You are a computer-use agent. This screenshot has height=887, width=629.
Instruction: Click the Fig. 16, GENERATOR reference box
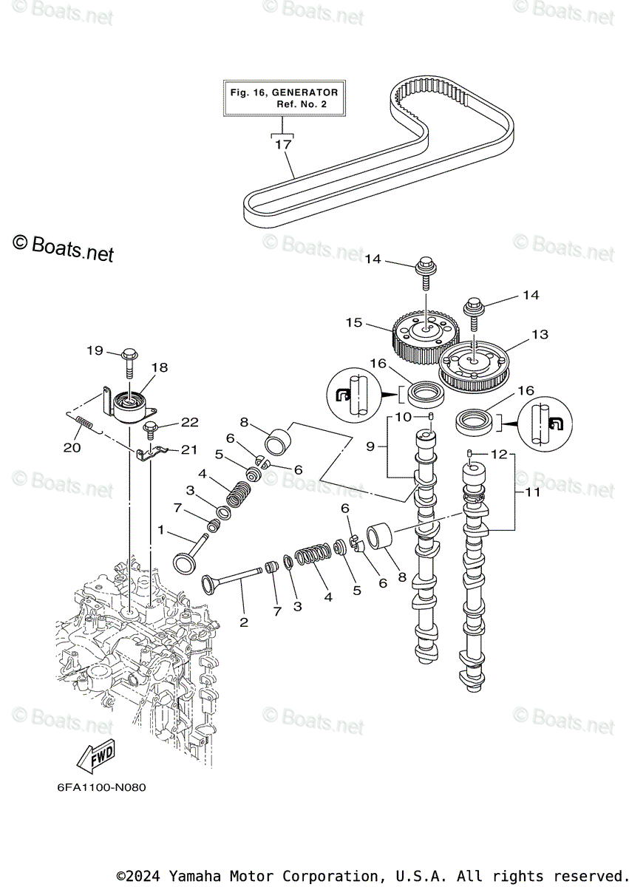point(284,98)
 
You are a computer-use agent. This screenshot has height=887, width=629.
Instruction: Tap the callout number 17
point(284,145)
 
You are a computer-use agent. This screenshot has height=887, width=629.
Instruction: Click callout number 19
point(95,350)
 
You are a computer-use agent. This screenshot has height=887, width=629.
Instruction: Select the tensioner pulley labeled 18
point(129,407)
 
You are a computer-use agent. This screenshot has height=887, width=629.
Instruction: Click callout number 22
point(190,422)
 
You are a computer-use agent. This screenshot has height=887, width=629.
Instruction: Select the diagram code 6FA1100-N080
point(101,787)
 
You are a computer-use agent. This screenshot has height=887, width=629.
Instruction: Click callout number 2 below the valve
point(243,622)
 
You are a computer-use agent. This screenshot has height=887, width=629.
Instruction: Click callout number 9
point(372,446)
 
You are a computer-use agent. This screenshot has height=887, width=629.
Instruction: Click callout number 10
point(403,418)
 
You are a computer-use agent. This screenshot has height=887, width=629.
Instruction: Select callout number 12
point(499,454)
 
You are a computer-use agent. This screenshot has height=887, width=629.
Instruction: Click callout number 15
point(353,323)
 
